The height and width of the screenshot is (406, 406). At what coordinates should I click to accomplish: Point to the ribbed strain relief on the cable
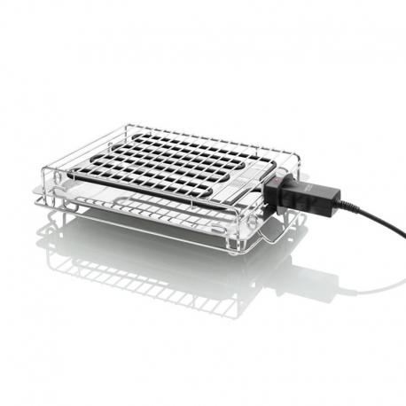coord(346,206)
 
